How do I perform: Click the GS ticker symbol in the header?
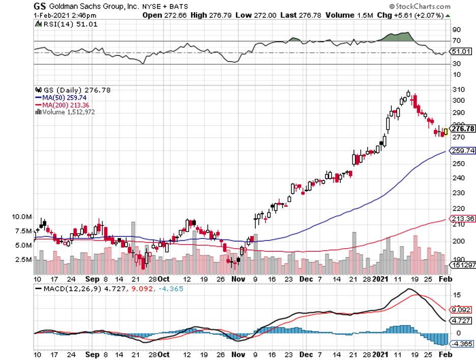39,7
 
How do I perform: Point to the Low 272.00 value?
258,15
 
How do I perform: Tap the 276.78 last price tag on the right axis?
462,129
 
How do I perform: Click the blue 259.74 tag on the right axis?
463,151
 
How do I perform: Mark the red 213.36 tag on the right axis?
463,219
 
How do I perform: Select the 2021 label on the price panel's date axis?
381,279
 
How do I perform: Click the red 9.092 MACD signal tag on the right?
462,309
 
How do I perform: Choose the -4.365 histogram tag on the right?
462,344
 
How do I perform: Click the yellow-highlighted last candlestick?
446,132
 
